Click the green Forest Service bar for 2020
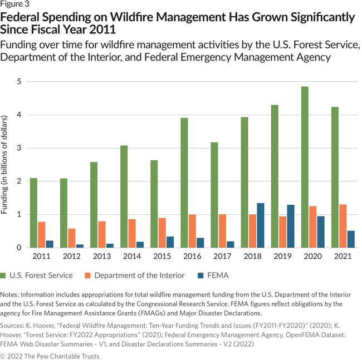pyautogui.click(x=304, y=167)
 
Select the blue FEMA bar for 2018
pyautogui.click(x=261, y=225)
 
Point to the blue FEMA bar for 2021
pyautogui.click(x=351, y=239)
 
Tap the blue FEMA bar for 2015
pyautogui.click(x=170, y=242)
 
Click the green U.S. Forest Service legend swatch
pyautogui.click(x=7, y=275)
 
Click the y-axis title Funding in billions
pyautogui.click(x=6, y=166)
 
